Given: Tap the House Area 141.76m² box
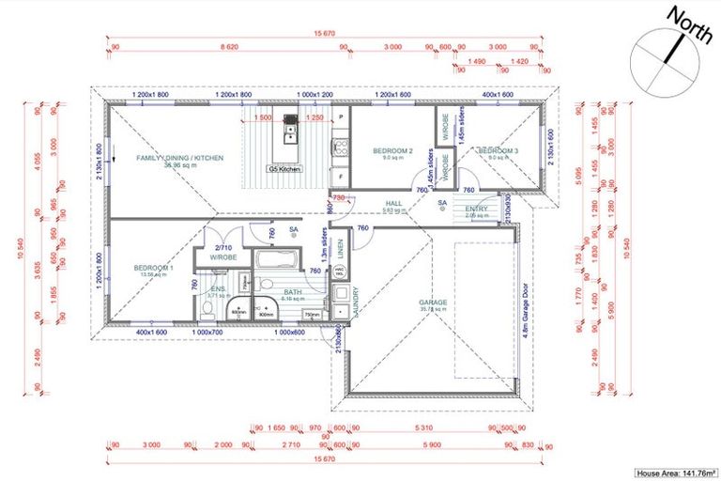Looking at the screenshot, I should pos(675,473).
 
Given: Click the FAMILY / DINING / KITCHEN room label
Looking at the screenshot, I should pos(179,159).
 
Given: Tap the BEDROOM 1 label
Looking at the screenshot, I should pos(154,269).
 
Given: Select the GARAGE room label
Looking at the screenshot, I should pos(433,303).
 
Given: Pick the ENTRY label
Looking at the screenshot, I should pos(477,209).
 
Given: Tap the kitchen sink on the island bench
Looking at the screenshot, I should pos(291,119).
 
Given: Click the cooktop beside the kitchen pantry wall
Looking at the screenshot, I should pos(341,146).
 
